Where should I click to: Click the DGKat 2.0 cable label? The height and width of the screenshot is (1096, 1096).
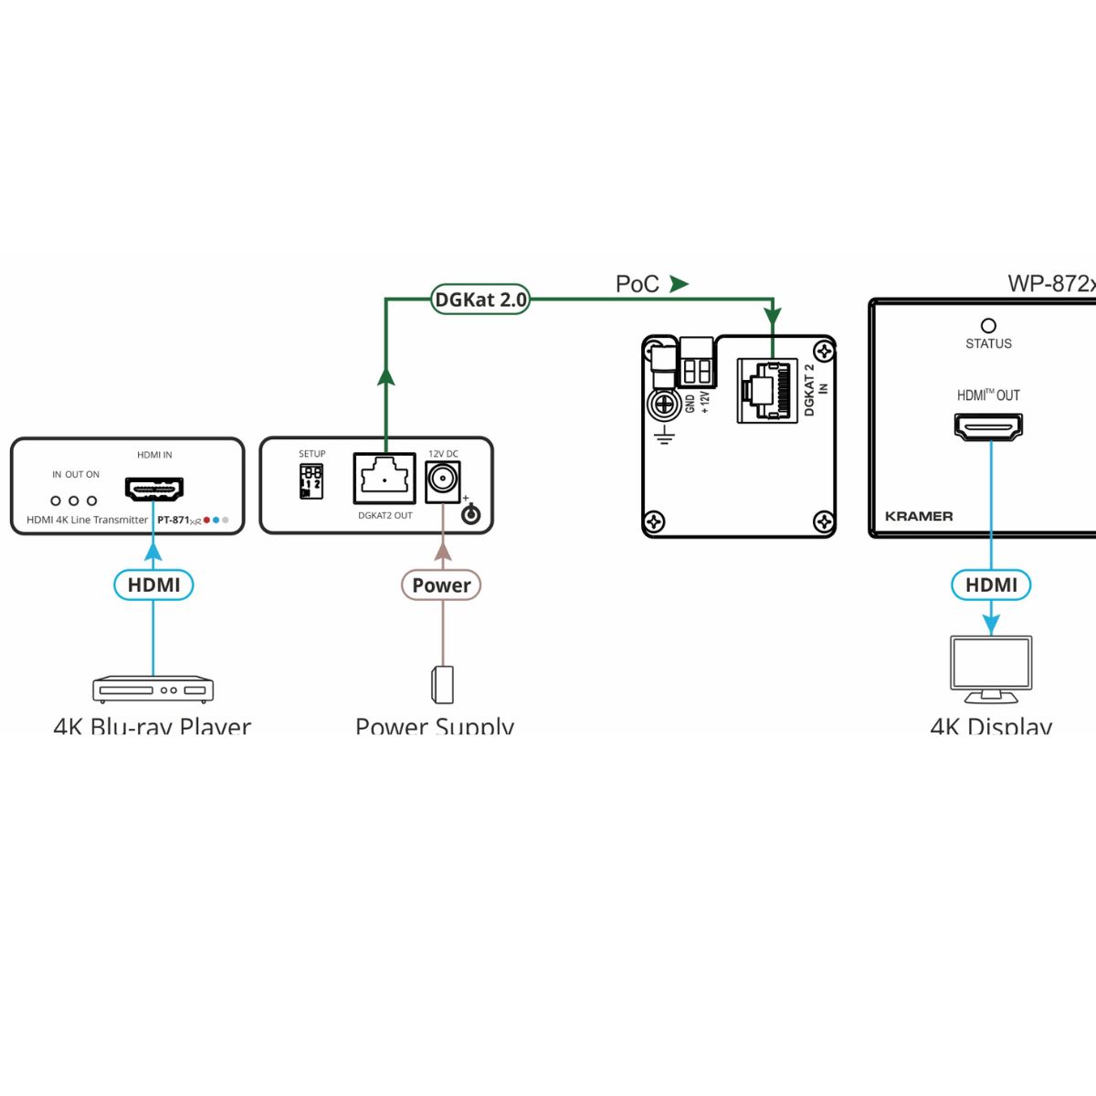tap(480, 300)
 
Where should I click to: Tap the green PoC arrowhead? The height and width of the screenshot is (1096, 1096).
tap(678, 284)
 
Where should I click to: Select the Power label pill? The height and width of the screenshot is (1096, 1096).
tap(441, 585)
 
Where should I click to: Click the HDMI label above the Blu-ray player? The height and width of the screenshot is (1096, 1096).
tap(153, 585)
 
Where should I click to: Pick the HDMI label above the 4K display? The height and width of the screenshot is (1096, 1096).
tap(991, 585)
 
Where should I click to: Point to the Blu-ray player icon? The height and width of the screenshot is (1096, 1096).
tap(153, 690)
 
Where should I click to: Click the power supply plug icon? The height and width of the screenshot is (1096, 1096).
tap(443, 685)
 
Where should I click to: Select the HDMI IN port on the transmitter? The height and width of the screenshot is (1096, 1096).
tap(154, 490)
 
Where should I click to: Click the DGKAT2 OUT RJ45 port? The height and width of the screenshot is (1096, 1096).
tap(385, 479)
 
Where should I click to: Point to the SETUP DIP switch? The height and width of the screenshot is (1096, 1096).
tap(311, 481)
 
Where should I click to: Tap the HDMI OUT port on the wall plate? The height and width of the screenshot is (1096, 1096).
tap(988, 426)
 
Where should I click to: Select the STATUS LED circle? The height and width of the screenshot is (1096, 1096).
tap(988, 326)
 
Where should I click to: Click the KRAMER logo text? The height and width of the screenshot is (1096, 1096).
tap(919, 516)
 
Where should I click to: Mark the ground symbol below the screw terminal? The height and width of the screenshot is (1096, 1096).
tap(664, 436)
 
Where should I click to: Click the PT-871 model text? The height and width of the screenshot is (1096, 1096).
tap(174, 520)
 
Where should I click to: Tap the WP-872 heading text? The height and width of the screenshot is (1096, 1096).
tap(1050, 284)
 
